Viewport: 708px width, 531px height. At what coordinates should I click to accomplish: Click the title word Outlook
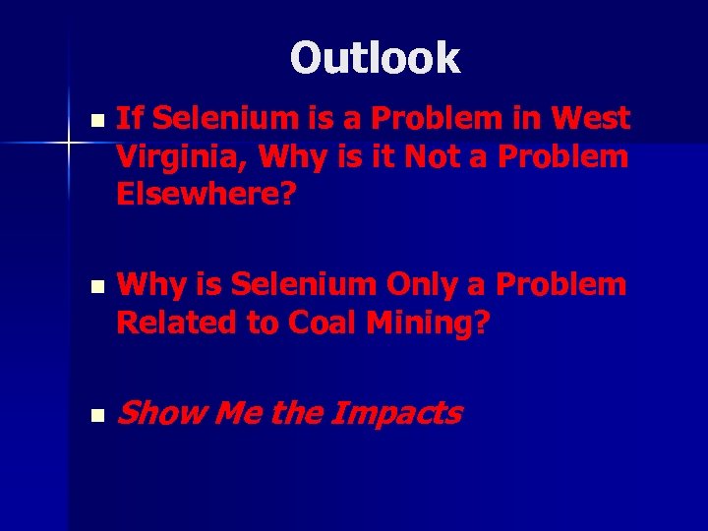coord(375,58)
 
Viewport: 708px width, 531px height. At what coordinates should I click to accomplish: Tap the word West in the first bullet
coord(591,119)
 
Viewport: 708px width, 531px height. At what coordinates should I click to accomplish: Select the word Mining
coord(428,324)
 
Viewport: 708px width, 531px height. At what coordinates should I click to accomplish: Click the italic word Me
coord(235,414)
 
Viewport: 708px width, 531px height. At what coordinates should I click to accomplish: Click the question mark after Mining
coord(480,323)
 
